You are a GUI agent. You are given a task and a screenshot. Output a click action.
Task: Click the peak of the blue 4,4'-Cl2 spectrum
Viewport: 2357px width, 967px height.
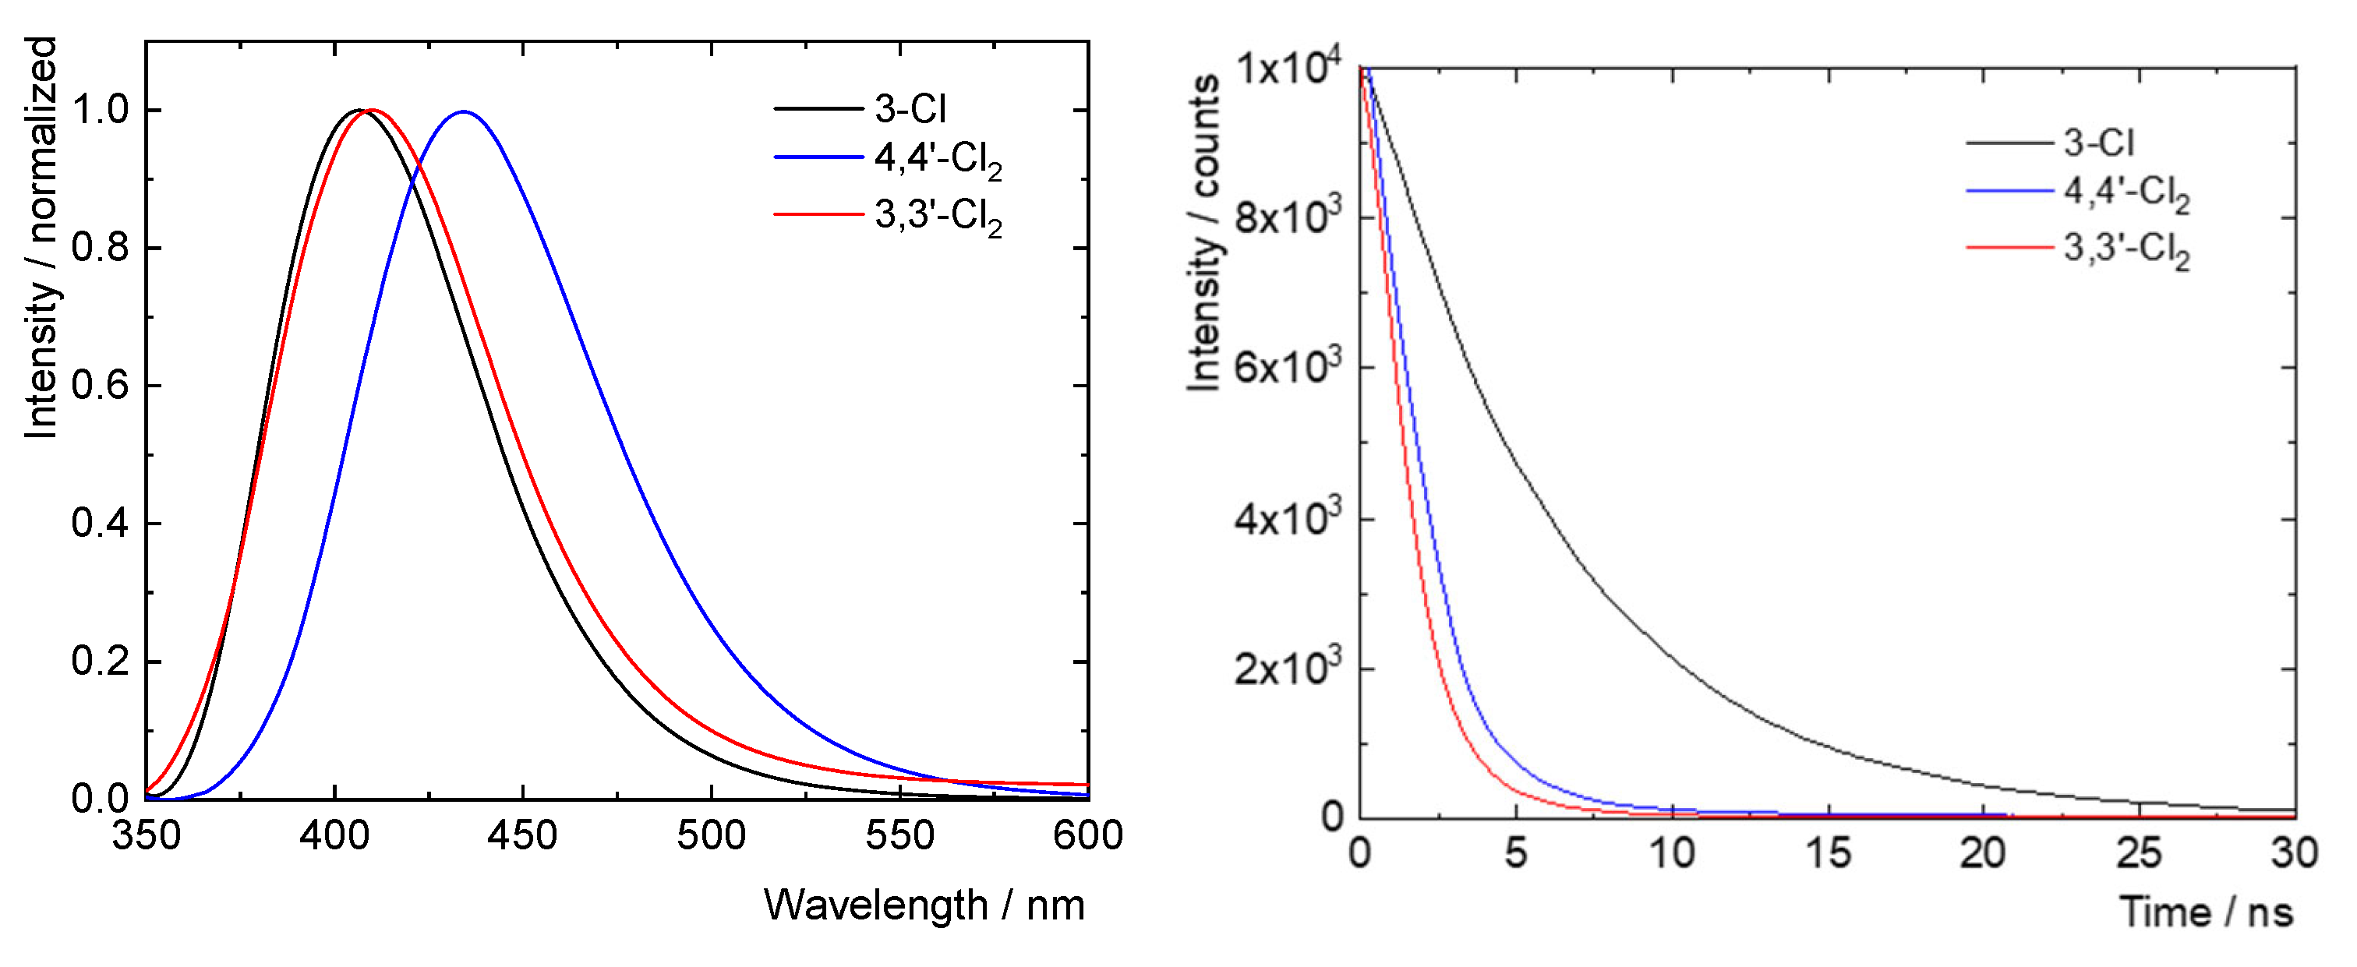pos(464,111)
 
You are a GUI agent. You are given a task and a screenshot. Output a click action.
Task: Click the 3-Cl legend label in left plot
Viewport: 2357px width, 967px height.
pos(910,109)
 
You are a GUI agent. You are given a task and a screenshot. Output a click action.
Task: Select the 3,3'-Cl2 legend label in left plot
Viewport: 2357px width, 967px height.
pos(938,217)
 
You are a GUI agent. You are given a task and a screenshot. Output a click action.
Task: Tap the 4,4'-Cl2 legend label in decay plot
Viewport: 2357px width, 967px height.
pos(2126,193)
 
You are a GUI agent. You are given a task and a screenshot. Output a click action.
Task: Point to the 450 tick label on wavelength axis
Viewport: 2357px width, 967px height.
pos(522,835)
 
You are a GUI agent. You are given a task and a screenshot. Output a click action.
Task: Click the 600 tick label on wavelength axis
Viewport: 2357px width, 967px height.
pos(1087,835)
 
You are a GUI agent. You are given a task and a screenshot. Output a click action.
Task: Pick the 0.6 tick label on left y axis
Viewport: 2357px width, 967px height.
pos(101,385)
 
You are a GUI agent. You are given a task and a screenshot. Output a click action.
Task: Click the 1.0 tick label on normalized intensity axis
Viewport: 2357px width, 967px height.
pos(101,110)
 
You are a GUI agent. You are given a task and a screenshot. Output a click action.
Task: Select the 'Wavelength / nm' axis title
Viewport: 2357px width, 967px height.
pos(924,905)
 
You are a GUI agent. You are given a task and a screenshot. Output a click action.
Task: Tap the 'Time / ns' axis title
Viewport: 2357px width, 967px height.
pos(2206,912)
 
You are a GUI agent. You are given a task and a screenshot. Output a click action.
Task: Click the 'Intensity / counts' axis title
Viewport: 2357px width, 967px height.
pos(1204,233)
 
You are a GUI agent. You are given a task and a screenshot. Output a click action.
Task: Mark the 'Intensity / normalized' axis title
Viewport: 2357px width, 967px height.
pos(41,238)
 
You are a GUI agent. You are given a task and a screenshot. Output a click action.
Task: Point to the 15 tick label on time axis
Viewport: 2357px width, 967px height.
pos(1828,852)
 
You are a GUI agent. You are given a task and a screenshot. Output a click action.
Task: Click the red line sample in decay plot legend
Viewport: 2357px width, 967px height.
pos(2009,247)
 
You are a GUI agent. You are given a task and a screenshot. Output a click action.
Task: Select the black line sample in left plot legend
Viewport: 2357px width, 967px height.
pos(819,109)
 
